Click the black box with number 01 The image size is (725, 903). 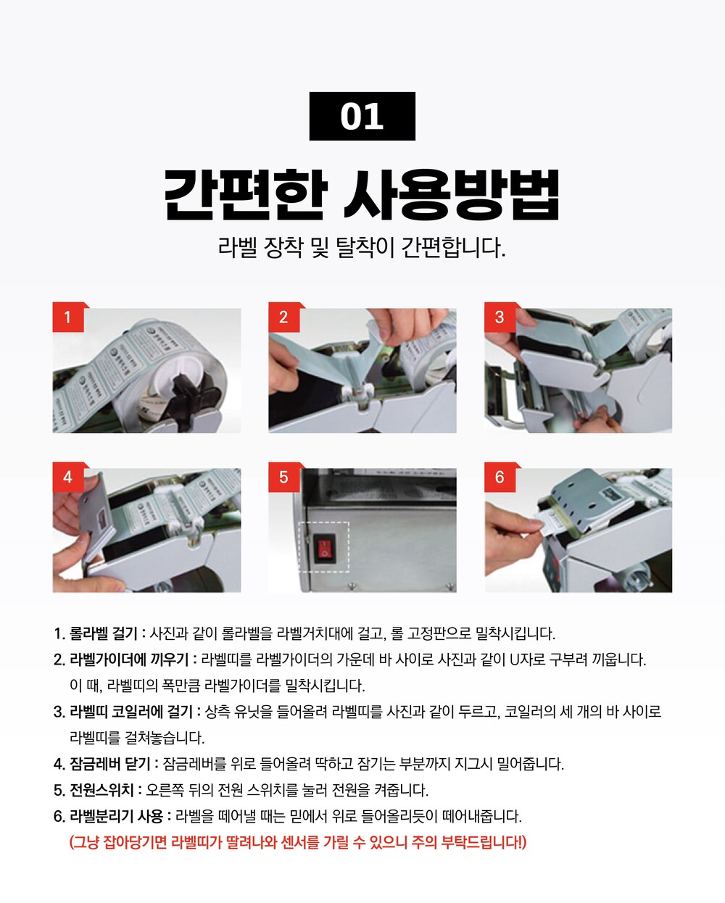pyautogui.click(x=362, y=116)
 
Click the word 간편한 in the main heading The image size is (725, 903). pyautogui.click(x=246, y=195)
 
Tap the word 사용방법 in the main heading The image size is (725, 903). pyautogui.click(x=452, y=195)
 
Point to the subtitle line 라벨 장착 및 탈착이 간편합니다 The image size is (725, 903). pyautogui.click(x=362, y=248)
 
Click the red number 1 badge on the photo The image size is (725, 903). pyautogui.click(x=68, y=317)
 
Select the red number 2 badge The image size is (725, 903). pyautogui.click(x=283, y=317)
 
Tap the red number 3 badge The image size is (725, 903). pyautogui.click(x=500, y=317)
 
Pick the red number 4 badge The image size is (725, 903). pyautogui.click(x=68, y=477)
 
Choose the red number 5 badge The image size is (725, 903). pyautogui.click(x=283, y=477)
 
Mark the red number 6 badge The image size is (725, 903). pyautogui.click(x=500, y=477)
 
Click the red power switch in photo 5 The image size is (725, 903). pyautogui.click(x=325, y=548)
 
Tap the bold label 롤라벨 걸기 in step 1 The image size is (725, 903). pyautogui.click(x=103, y=633)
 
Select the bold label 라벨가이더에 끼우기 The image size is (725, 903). pyautogui.click(x=129, y=659)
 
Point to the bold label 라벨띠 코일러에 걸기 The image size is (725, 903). pyautogui.click(x=131, y=711)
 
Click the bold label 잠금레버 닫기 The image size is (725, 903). pyautogui.click(x=110, y=763)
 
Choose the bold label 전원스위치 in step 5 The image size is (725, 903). pyautogui.click(x=101, y=790)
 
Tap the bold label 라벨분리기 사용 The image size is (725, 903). pyautogui.click(x=116, y=816)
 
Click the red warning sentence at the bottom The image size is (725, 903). pyautogui.click(x=298, y=842)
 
